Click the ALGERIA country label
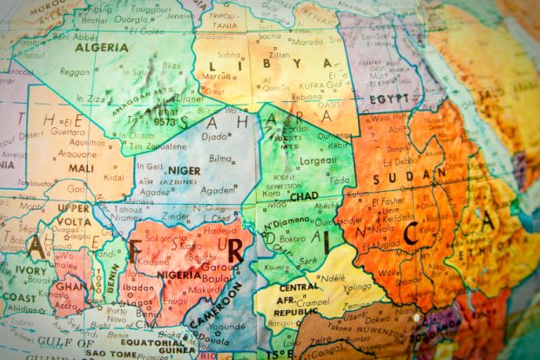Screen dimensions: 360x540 pos(96,47)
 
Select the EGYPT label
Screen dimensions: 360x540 pos(388,98)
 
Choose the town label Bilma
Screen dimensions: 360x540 pos(222,159)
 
